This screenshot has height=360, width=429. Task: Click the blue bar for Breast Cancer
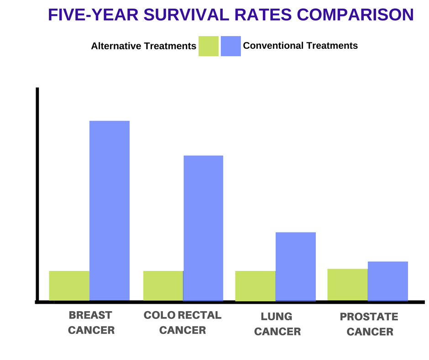[110, 210]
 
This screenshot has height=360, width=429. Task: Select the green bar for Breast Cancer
[69, 286]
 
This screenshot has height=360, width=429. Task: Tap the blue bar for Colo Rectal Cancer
[203, 228]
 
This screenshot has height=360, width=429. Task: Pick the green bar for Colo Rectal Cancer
[163, 286]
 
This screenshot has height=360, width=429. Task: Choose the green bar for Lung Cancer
[255, 286]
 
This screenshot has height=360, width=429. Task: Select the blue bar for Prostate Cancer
[388, 281]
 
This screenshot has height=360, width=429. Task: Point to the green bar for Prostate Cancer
[347, 284]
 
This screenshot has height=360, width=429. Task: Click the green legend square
[209, 46]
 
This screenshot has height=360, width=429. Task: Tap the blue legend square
[231, 46]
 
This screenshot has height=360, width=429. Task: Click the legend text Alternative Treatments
[143, 46]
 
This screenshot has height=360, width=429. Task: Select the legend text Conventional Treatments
[300, 46]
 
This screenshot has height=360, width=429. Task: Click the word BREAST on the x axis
[90, 315]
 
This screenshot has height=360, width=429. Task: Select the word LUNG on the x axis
[277, 317]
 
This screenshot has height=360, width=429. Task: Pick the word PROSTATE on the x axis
[369, 317]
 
